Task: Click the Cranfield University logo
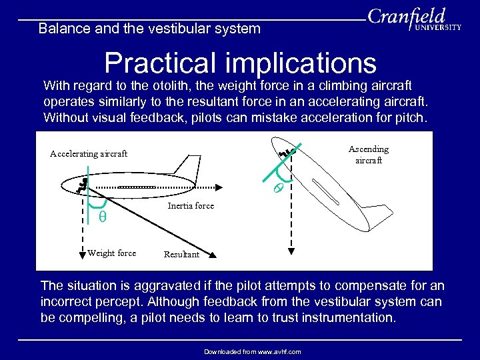[415, 20]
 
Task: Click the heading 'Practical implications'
[240, 63]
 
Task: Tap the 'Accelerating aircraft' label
[89, 154]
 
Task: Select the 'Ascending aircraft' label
[369, 155]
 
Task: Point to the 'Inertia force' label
[191, 206]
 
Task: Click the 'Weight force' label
[111, 253]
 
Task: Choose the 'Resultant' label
[181, 255]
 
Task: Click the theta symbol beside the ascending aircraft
[279, 189]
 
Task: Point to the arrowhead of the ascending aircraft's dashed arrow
[291, 251]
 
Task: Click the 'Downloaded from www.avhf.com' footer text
[253, 351]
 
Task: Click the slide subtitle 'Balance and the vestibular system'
[149, 29]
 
